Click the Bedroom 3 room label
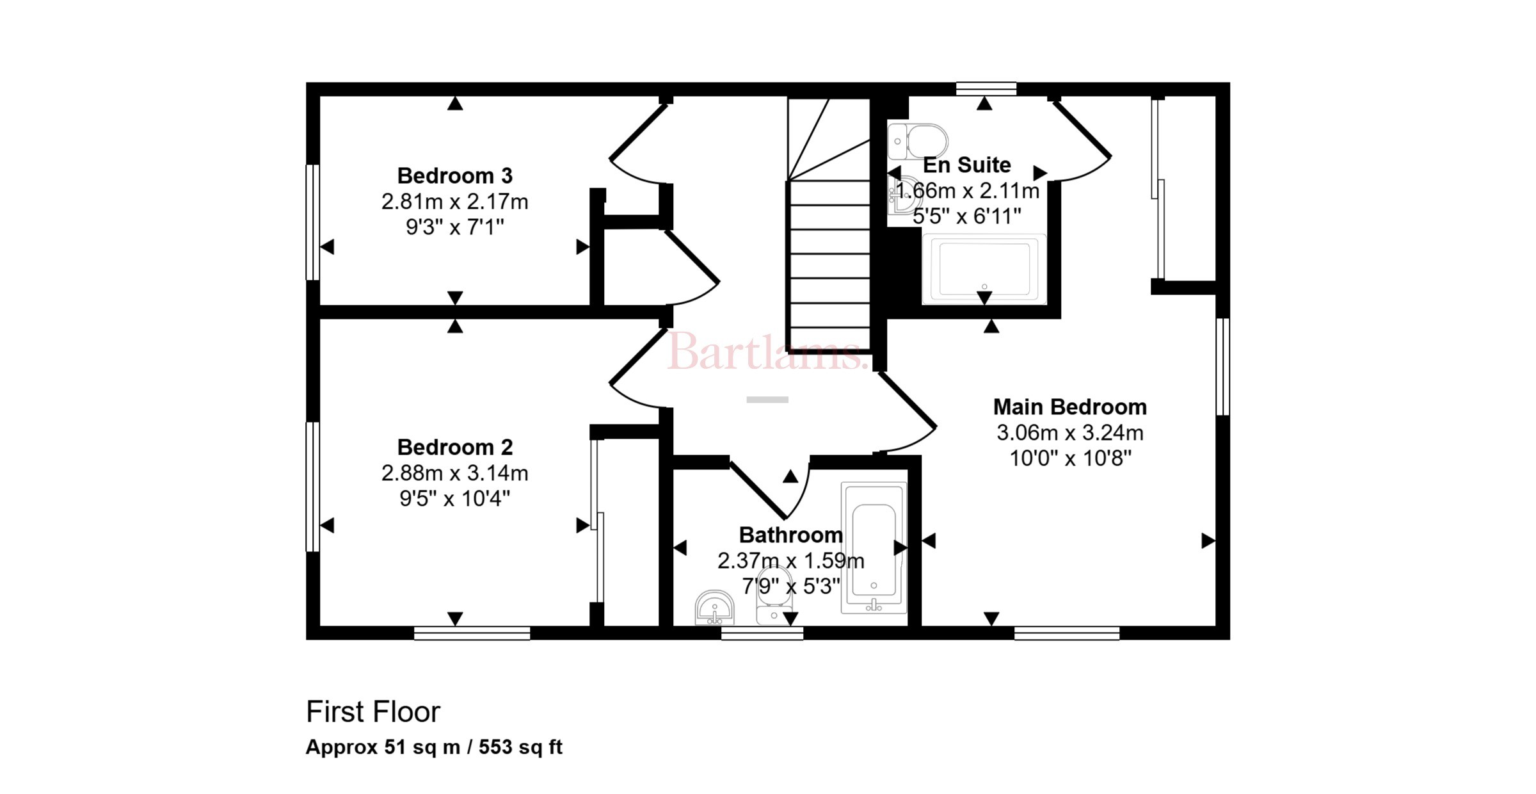coord(454,175)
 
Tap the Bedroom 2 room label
coord(454,447)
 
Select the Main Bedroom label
coord(1069,407)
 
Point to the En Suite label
coord(966,165)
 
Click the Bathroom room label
coord(790,535)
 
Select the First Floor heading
coord(373,712)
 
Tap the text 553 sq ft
coord(520,747)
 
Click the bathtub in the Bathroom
coord(874,548)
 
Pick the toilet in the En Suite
coord(917,141)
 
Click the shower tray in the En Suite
coord(984,268)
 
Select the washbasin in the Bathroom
coord(714,607)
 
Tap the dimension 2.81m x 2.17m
coord(454,202)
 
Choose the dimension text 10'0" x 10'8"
coord(1070,458)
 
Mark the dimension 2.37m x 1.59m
coord(790,561)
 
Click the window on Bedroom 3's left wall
coord(312,222)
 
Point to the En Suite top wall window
coord(986,89)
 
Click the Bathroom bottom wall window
coord(762,633)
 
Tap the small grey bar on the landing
coord(767,400)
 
